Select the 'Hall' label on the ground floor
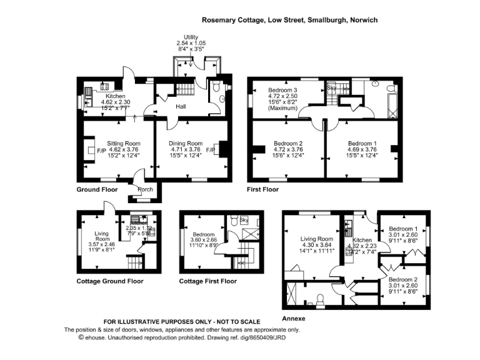click(181, 107)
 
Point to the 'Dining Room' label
click(186, 143)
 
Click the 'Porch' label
click(145, 189)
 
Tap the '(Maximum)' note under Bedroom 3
click(282, 109)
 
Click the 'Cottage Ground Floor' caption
click(110, 281)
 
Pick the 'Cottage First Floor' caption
click(208, 281)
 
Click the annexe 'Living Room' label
click(316, 239)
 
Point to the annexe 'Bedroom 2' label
click(403, 279)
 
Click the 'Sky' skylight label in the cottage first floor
click(244, 220)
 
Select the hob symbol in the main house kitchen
click(105, 87)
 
